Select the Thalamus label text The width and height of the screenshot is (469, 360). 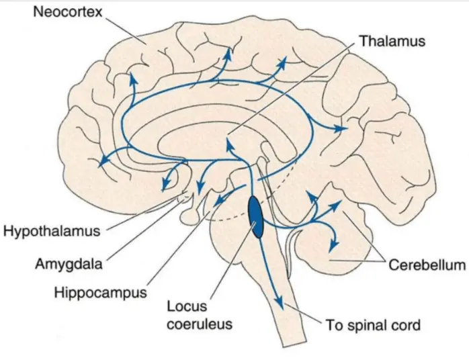point(392,41)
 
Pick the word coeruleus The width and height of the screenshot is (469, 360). point(201,324)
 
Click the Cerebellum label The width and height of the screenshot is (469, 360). point(427,265)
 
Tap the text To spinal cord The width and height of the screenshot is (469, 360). point(373,326)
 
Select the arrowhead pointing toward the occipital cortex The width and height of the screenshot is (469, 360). point(345,127)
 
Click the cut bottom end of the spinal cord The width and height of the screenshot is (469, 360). point(296,345)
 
